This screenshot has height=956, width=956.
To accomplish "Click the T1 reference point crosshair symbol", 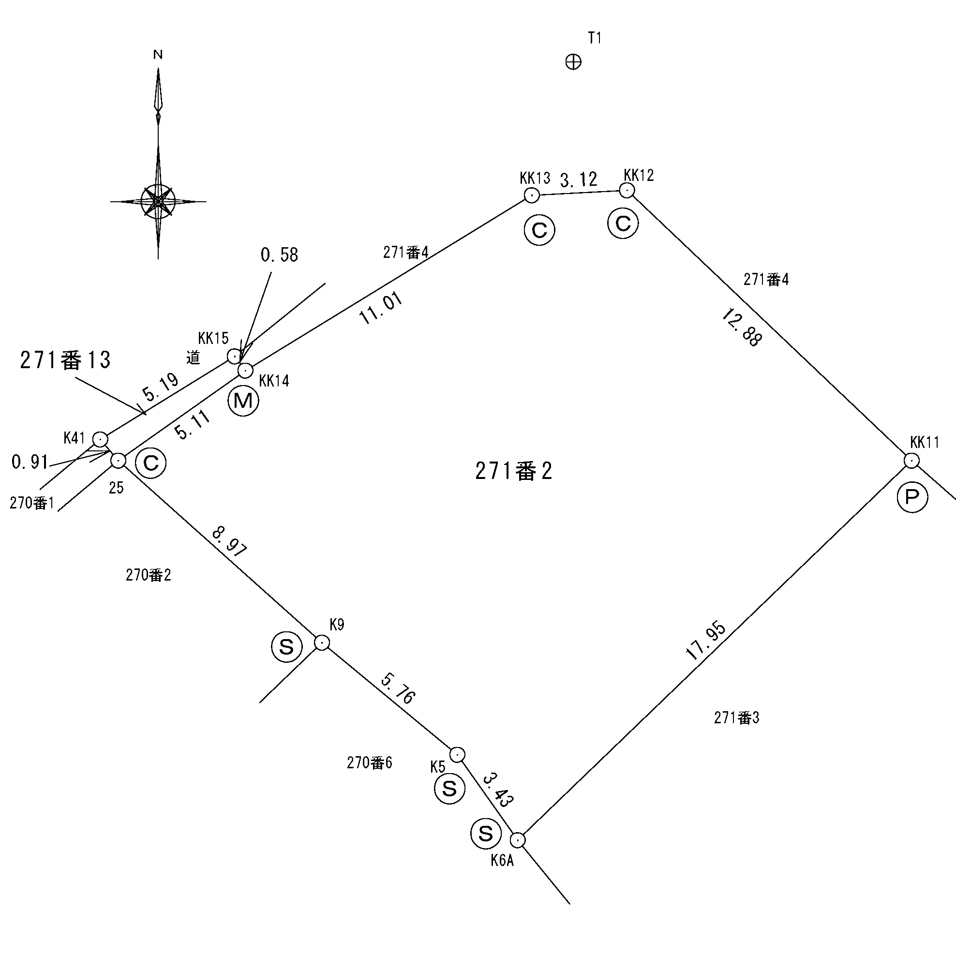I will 573,62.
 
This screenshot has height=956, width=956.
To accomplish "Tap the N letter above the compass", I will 158,55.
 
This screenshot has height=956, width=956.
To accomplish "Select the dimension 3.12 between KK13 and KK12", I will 579,179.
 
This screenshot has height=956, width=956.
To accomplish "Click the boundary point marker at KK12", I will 627,190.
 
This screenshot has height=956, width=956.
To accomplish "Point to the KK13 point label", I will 535,178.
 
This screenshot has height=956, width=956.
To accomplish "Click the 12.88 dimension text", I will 742,327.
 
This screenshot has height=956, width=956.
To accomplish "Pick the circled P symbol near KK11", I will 912,497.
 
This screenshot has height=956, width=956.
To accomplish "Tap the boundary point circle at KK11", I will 911,461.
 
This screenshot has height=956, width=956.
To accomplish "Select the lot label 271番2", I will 513,471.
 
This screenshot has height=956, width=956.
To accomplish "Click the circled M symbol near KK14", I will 243,400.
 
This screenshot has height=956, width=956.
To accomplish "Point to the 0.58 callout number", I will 279,255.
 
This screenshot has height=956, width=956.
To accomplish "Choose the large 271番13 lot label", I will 65,360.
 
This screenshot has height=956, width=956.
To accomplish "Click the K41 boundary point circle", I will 101,439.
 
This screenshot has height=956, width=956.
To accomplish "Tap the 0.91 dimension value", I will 30,462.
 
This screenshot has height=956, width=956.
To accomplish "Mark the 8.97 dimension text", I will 229,542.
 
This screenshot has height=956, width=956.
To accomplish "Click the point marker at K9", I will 322,643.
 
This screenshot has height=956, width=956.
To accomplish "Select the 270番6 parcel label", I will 369,762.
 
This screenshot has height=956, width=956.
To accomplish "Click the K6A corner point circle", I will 518,840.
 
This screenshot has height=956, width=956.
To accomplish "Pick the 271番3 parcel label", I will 736,717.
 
